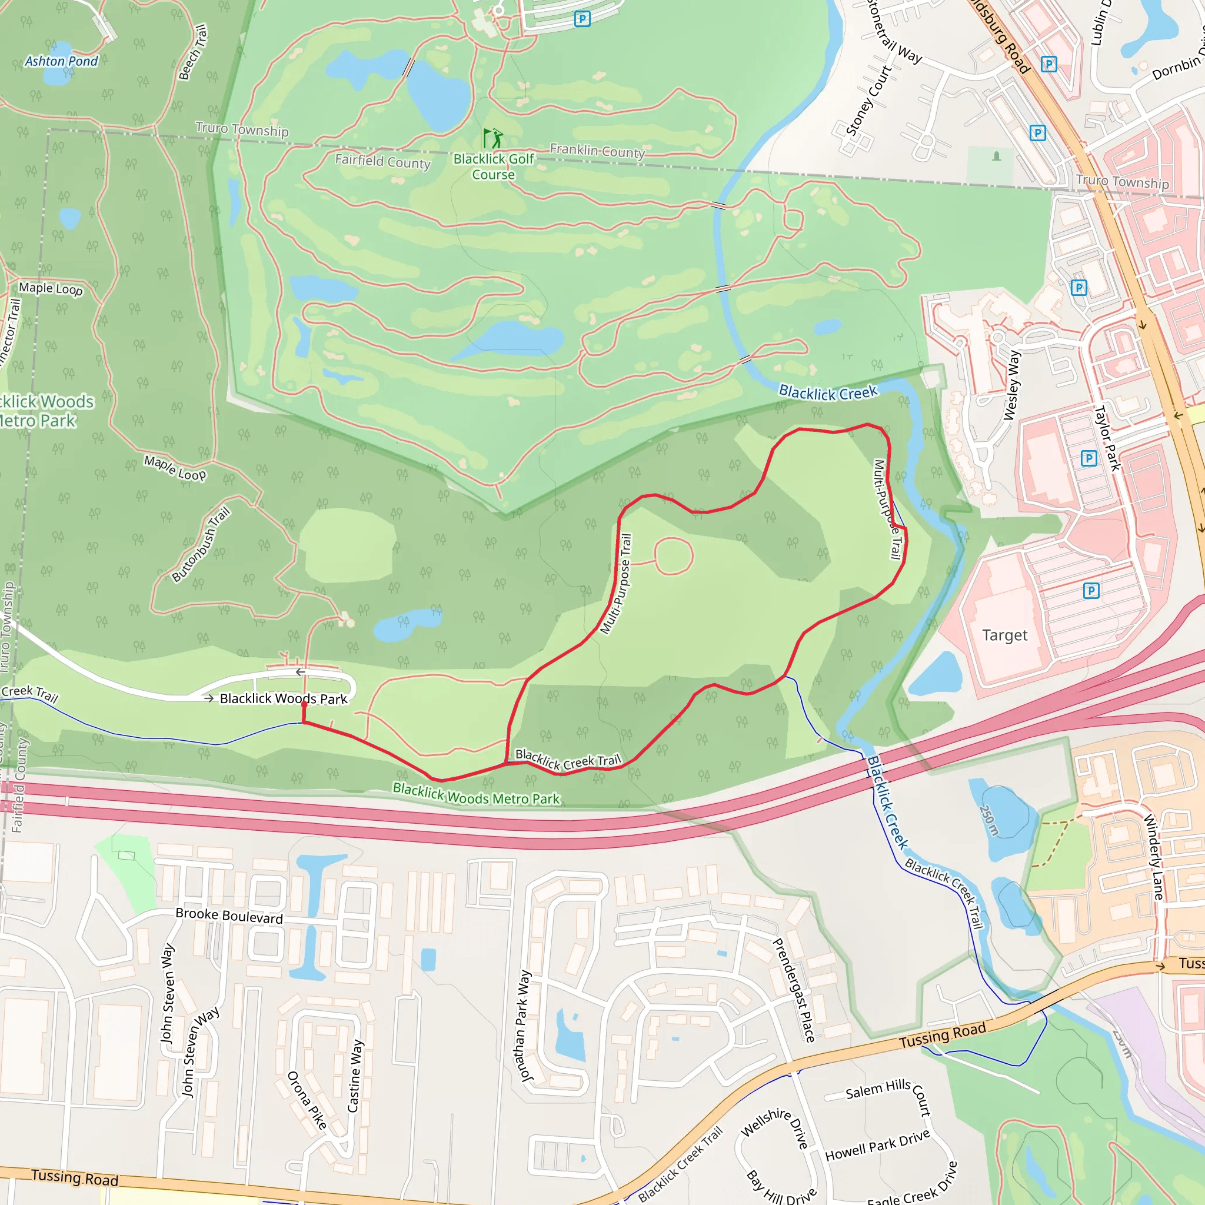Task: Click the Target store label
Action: click(x=1004, y=635)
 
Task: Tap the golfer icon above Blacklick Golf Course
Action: click(x=492, y=138)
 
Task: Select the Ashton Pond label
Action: click(x=61, y=61)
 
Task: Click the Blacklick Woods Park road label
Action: click(x=283, y=698)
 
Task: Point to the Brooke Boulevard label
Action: click(x=229, y=916)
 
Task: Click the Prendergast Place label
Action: click(x=794, y=990)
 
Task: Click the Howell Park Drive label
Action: click(x=877, y=1145)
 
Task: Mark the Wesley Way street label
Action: click(x=1011, y=385)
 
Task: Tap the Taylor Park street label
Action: click(x=1107, y=438)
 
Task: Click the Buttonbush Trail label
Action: click(x=201, y=544)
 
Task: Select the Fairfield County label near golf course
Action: click(x=382, y=161)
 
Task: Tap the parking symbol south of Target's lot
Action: click(x=1091, y=590)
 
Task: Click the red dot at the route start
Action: click(x=304, y=704)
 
